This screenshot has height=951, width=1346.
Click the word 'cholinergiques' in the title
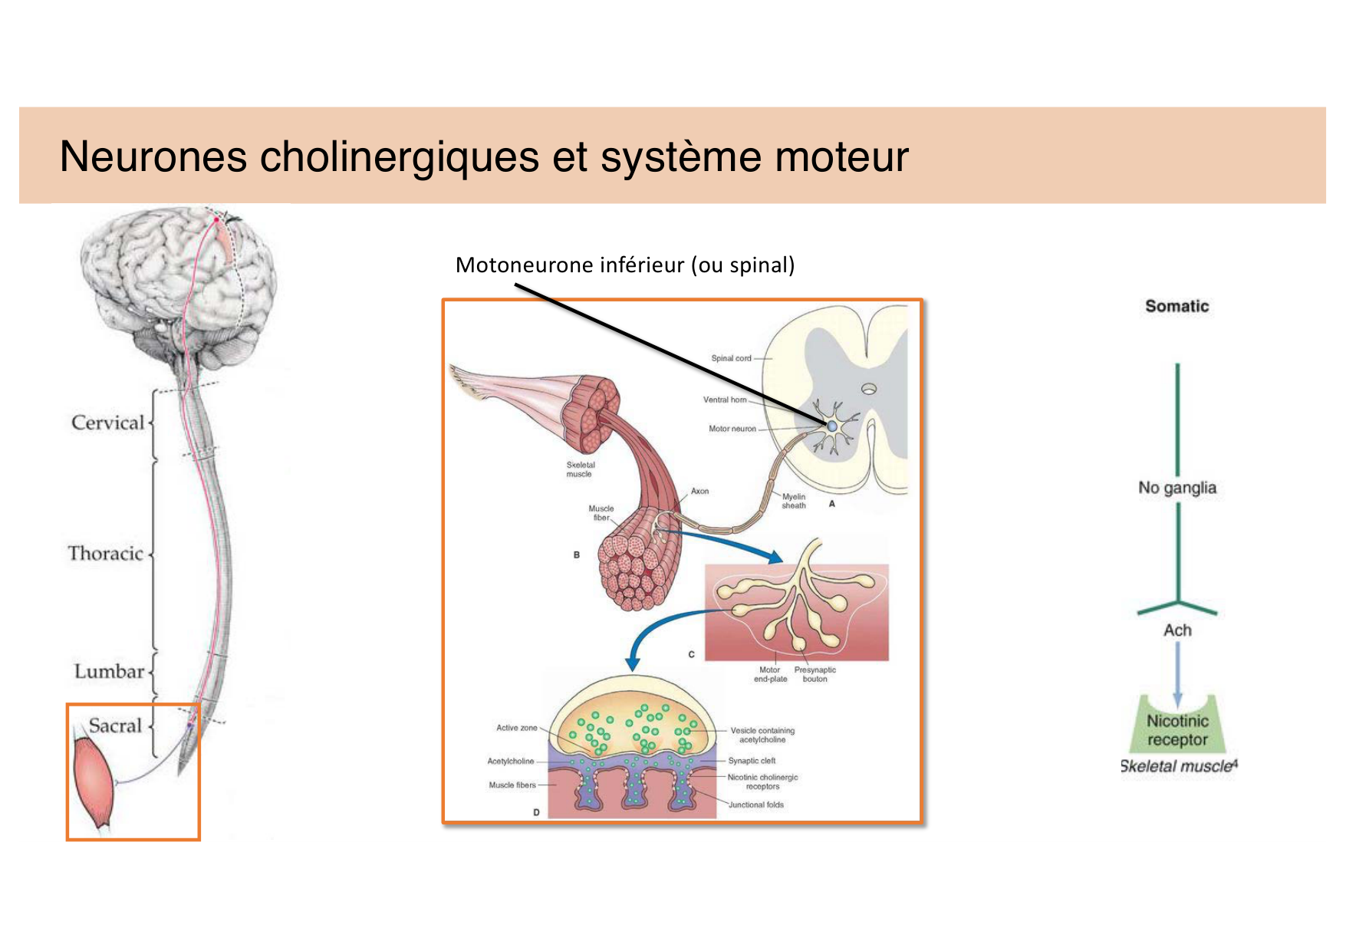[x=399, y=157]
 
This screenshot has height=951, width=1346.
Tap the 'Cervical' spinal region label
[x=107, y=423]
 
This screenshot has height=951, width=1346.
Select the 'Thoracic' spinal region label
[x=106, y=554]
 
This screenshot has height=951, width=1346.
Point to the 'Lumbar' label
[x=109, y=672]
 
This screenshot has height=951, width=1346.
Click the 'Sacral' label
[x=115, y=726]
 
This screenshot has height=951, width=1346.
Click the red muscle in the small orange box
[x=94, y=782]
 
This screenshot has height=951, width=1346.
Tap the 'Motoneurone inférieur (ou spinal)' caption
[x=624, y=265]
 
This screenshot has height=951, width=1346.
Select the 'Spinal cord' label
[x=731, y=358]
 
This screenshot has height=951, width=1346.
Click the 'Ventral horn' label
[x=724, y=400]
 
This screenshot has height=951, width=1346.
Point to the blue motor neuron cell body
[x=832, y=426]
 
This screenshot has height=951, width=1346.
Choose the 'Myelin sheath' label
[x=794, y=501]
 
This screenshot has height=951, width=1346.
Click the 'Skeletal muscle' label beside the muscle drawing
[x=580, y=469]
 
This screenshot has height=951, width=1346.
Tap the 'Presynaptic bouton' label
[x=815, y=674]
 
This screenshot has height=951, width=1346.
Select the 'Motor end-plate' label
[x=770, y=674]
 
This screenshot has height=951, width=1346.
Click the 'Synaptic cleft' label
[x=752, y=761]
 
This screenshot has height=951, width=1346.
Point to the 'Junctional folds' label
[x=756, y=805]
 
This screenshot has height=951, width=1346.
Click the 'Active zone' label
[x=516, y=728]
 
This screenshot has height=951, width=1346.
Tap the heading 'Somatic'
[x=1177, y=306]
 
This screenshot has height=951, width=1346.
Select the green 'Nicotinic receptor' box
[x=1177, y=730]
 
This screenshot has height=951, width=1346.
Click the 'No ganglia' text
[x=1177, y=488]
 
